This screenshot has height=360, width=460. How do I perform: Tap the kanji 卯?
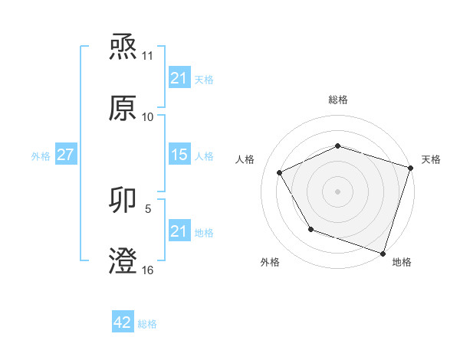[x=123, y=201]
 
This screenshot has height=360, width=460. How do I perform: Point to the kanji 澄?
[x=123, y=260]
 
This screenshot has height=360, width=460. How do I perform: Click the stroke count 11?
[x=148, y=56]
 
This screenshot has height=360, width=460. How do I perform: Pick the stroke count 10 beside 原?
[x=148, y=116]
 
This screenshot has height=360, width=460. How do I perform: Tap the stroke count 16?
[x=148, y=270]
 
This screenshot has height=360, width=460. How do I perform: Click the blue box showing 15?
[x=179, y=155]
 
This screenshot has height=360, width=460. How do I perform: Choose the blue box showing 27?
[x=65, y=155]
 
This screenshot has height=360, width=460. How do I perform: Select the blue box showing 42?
[x=122, y=322]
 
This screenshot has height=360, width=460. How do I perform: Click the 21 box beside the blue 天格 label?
[x=179, y=77]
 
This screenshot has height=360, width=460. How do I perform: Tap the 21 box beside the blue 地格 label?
[x=179, y=231]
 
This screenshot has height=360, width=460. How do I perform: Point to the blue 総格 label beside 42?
[x=147, y=324]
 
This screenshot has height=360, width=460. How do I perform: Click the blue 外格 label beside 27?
[x=41, y=155]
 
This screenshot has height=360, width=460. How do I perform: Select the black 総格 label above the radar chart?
[x=337, y=100]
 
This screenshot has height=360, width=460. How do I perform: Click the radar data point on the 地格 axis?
[x=382, y=252]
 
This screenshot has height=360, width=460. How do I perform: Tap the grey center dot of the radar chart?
[x=337, y=191]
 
